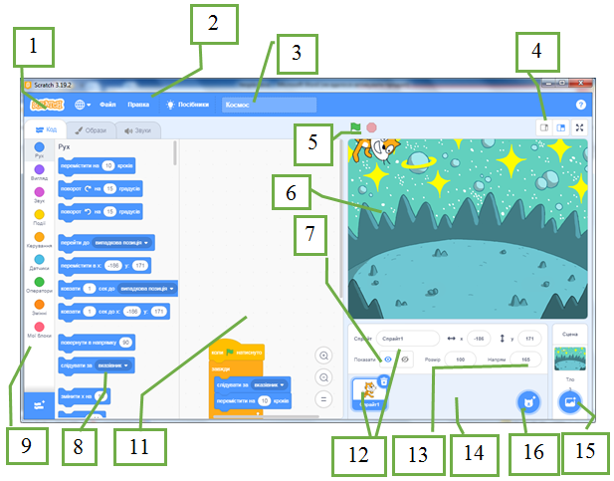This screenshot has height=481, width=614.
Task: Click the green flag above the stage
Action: [354, 127]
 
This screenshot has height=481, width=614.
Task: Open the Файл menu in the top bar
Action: [107, 105]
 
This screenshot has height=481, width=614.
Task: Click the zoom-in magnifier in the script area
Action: [323, 356]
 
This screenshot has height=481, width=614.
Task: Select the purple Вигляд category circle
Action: [39, 171]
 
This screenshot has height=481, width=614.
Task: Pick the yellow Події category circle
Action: [39, 215]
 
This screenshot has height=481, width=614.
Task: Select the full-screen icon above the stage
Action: [580, 127]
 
